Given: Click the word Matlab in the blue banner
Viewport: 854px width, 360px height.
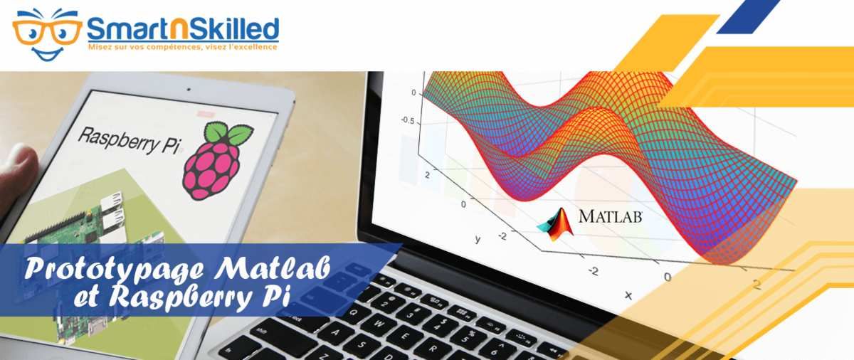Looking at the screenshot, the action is (272, 268).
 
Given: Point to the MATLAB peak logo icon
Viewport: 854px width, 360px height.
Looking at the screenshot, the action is (556, 224).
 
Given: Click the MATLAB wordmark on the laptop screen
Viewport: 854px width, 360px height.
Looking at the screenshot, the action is (610, 216).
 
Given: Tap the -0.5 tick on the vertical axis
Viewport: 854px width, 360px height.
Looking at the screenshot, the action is (408, 121).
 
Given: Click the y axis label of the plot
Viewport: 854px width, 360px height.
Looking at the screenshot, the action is (478, 239).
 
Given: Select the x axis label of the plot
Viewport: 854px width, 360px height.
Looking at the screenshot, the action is (628, 295).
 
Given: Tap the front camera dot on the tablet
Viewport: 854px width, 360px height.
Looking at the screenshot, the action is (189, 90).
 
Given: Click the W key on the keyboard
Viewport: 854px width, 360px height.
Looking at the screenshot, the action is (379, 324).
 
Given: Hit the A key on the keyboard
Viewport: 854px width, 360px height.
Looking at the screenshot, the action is (336, 332).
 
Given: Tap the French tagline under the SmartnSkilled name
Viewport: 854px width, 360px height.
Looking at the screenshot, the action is (183, 47).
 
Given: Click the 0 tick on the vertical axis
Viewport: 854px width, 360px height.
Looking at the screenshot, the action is (413, 92).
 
